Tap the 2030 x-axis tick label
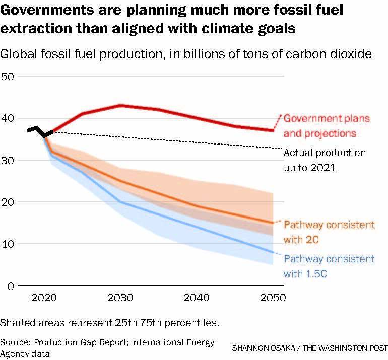point(120,297)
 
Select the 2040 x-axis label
point(197,297)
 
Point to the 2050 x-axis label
point(273,297)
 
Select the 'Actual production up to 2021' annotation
point(325,159)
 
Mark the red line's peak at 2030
point(120,105)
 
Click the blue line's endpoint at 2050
point(273,252)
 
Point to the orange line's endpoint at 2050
point(273,223)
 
